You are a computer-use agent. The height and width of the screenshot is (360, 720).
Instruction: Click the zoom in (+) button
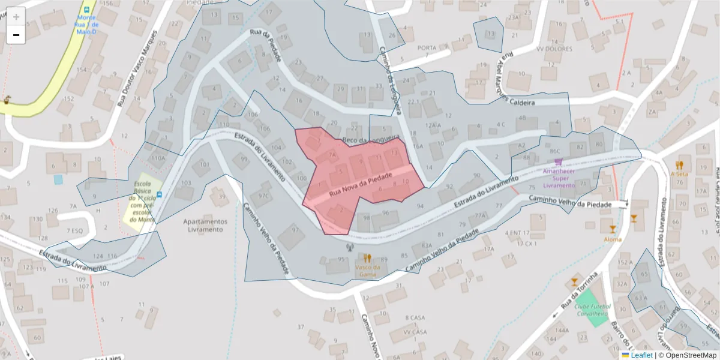(16, 17)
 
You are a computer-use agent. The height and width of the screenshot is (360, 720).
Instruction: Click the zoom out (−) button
(16, 35)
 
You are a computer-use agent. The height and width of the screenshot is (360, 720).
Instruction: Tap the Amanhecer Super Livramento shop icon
(559, 162)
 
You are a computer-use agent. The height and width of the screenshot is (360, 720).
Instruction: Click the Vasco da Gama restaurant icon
(367, 258)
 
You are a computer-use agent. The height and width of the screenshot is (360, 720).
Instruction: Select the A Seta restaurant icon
(679, 164)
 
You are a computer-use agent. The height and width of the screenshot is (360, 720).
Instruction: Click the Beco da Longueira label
(370, 140)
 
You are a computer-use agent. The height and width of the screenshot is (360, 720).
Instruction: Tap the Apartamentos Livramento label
(205, 225)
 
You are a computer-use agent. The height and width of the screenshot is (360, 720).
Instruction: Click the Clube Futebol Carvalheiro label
(593, 309)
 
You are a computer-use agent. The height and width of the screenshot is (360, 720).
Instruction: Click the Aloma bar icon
(612, 229)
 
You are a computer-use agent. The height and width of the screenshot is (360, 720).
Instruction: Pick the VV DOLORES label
(554, 49)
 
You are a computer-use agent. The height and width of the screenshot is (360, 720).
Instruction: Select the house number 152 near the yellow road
(69, 98)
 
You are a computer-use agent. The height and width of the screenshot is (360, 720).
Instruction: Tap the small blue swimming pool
(58, 179)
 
